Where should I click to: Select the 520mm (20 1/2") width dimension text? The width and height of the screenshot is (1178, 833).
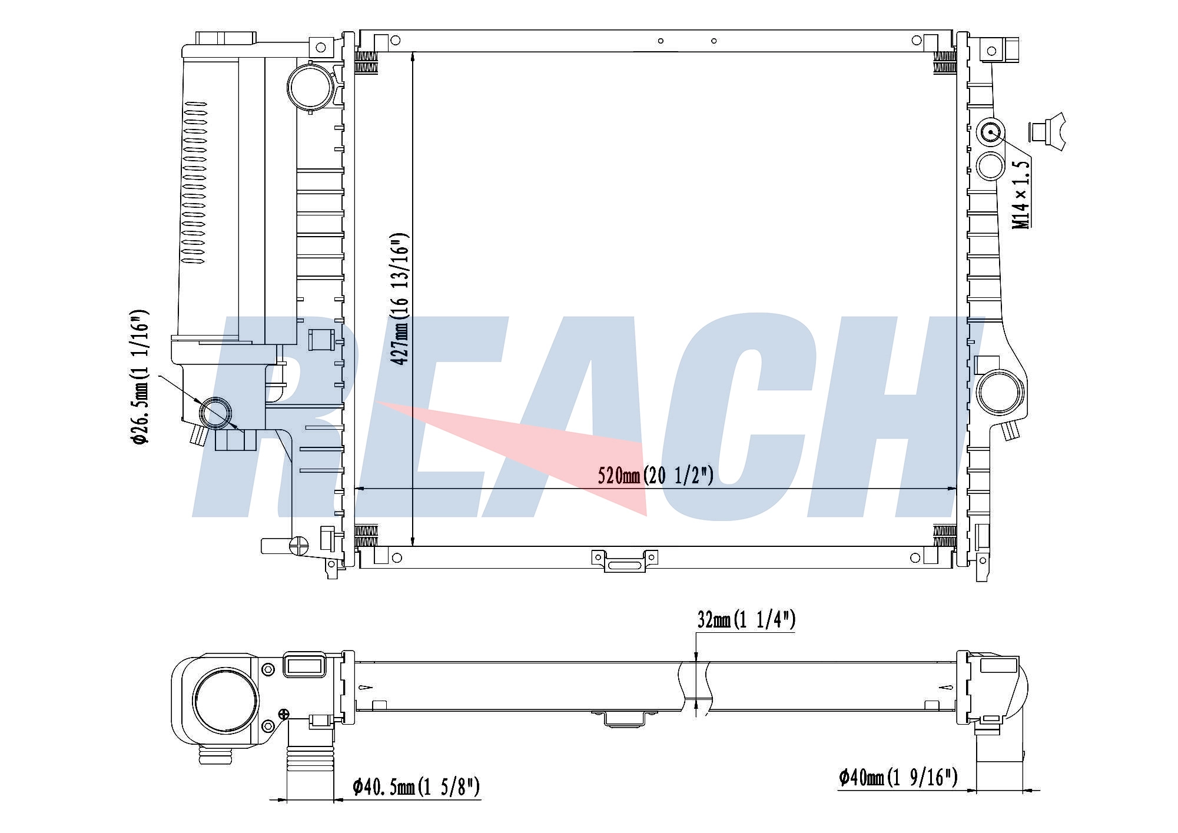655,475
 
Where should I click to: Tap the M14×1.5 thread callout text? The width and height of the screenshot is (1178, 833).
1021,195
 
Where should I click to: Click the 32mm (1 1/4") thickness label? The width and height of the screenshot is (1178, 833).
746,620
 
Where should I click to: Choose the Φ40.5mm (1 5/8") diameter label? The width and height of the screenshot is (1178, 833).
416,787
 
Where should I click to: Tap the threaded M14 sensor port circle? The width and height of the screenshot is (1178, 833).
991,132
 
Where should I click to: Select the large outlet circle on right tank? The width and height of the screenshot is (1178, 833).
999,392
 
